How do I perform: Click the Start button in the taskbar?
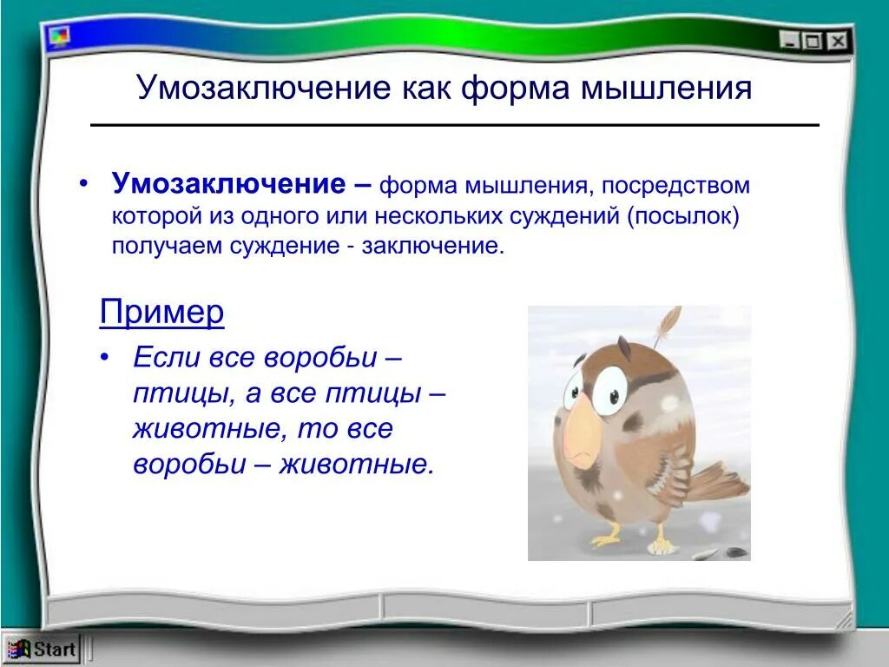(x=43, y=649)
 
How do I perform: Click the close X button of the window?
(x=836, y=40)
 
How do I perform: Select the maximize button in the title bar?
(x=813, y=40)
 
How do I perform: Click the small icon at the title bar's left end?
(x=59, y=36)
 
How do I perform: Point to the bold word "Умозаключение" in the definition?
(x=228, y=184)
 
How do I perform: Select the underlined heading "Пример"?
(x=161, y=312)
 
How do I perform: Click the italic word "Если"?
(x=167, y=358)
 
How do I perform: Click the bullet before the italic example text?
(x=105, y=358)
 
